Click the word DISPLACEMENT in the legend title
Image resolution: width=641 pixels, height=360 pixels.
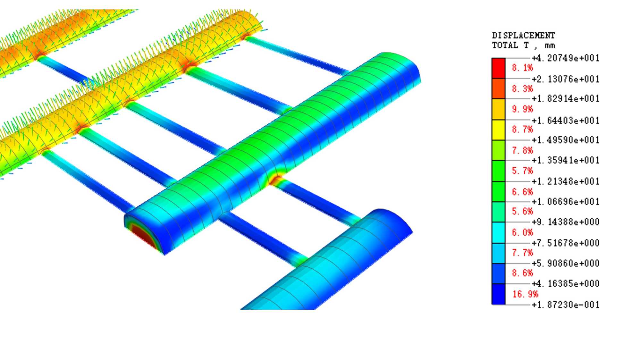(x=523, y=35)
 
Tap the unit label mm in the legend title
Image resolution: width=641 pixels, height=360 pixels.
(x=550, y=46)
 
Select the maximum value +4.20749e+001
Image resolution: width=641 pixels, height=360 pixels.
(x=566, y=58)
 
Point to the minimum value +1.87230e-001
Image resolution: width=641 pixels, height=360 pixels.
(x=566, y=305)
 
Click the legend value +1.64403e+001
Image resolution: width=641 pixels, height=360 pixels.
(x=566, y=121)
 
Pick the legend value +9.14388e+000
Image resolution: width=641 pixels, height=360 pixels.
(x=566, y=222)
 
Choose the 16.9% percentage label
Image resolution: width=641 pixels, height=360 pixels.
(x=525, y=294)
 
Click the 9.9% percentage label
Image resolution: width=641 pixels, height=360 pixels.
(x=522, y=109)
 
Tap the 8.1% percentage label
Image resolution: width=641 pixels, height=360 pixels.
(x=522, y=68)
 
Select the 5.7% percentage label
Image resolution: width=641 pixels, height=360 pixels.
(x=522, y=171)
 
